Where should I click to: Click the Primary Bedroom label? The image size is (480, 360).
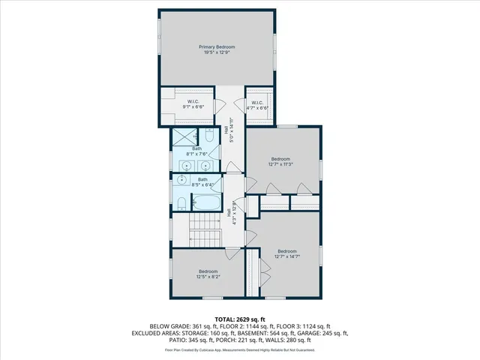pos(217,47)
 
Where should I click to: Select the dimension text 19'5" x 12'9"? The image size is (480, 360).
pos(217,53)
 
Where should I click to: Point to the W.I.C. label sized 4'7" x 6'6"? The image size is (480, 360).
pos(256,103)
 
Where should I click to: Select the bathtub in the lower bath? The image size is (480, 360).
pos(205,202)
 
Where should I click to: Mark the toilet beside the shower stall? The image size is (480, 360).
pos(208,138)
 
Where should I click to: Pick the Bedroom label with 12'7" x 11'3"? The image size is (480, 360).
pos(280,159)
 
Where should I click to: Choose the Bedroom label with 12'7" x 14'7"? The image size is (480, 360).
pos(286,251)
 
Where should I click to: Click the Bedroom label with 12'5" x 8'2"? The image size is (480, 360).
pos(208,271)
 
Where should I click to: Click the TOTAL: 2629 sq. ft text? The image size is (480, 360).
pos(240,319)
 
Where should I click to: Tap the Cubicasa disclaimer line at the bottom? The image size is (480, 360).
pos(240,349)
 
